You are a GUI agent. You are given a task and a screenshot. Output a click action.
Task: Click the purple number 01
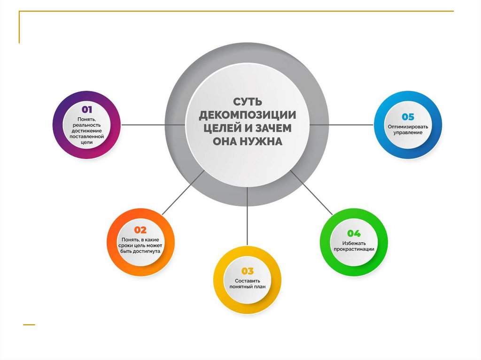87,109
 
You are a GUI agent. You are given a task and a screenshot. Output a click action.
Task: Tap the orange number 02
140,230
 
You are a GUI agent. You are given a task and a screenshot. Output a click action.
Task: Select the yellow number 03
248,271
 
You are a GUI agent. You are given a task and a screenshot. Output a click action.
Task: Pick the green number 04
354,233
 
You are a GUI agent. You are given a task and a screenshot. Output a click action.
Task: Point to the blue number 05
408,117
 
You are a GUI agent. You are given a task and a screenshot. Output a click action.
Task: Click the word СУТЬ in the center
247,101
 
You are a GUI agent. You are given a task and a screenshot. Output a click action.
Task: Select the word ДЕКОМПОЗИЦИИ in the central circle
247,115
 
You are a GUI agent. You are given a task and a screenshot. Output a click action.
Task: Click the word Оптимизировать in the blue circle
408,126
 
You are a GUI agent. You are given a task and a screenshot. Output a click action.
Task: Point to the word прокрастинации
354,249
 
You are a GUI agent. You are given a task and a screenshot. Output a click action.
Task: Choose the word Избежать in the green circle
354,242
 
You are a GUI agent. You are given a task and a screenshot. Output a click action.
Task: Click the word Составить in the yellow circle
248,280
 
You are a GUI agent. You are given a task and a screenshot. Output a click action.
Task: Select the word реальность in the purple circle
87,124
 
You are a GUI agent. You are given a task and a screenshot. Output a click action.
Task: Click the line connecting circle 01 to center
143,125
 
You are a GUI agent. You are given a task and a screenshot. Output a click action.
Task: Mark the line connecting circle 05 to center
348,125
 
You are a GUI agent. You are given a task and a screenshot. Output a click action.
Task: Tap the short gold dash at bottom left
29,324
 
